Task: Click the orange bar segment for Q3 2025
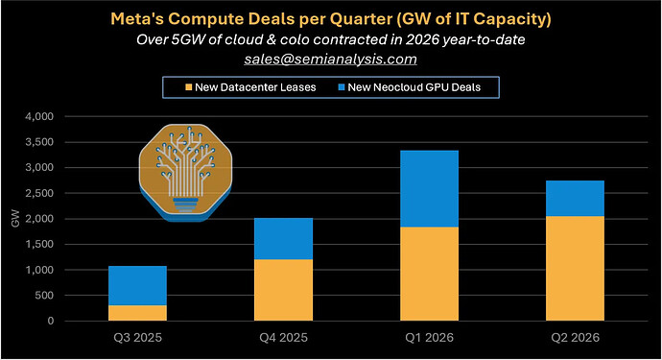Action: [x=137, y=313]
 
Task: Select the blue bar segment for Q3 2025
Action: [x=137, y=286]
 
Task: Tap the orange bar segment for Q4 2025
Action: [x=284, y=290]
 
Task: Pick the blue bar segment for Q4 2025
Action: [x=284, y=239]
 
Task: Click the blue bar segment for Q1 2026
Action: [x=430, y=189]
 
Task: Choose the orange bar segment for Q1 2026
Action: [x=430, y=275]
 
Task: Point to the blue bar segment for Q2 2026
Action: [x=575, y=199]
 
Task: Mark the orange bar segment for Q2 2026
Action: [x=575, y=269]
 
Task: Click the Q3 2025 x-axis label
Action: [x=137, y=338]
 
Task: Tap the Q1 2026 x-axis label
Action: [x=430, y=338]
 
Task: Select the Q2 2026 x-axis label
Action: [x=575, y=338]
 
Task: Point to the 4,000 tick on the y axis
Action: [x=39, y=116]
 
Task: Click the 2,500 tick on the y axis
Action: [x=39, y=193]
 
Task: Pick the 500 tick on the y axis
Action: [x=45, y=296]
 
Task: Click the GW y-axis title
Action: [x=15, y=219]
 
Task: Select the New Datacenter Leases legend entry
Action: [x=250, y=87]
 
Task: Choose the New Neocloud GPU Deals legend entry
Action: [x=409, y=87]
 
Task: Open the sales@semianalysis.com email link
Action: [x=331, y=59]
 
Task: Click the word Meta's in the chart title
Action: [x=137, y=19]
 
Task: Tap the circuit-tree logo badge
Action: [x=185, y=173]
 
